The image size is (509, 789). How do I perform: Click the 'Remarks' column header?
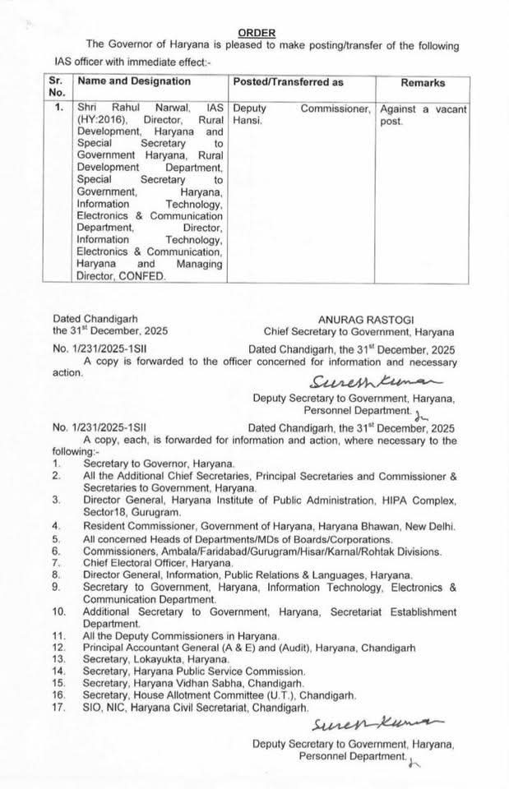[x=423, y=83]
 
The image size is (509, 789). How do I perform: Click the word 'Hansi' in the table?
[x=248, y=120]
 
